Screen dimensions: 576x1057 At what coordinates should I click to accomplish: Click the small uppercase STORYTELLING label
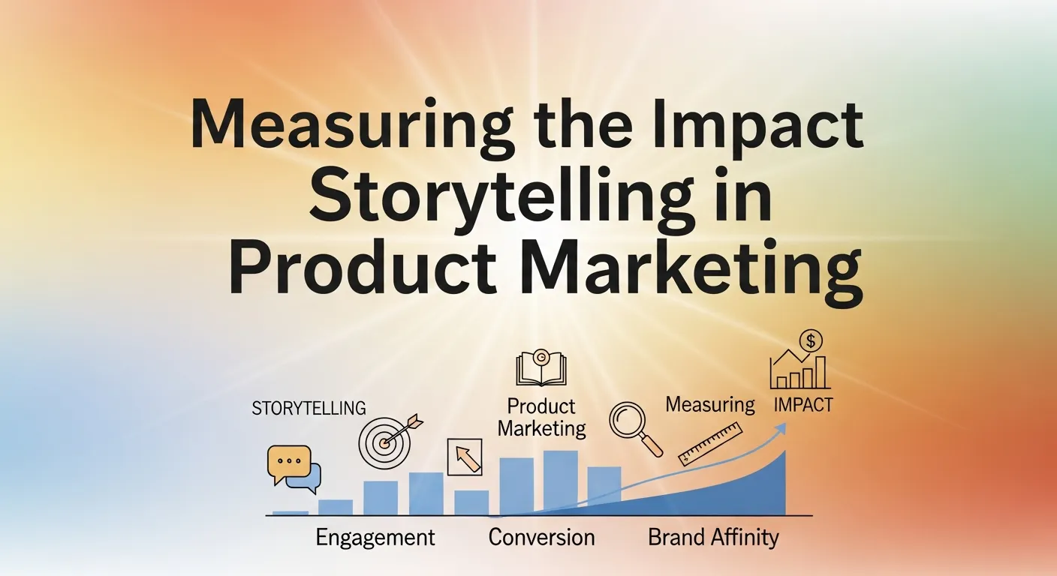pyautogui.click(x=309, y=409)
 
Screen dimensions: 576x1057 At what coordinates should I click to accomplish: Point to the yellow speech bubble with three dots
pyautogui.click(x=288, y=460)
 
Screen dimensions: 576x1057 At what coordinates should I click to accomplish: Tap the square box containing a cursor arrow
pyautogui.click(x=465, y=457)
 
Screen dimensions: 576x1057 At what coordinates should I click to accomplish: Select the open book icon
pyautogui.click(x=541, y=370)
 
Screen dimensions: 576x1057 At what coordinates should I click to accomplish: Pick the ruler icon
pyautogui.click(x=709, y=444)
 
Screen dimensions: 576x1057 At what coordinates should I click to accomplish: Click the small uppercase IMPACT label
pyautogui.click(x=803, y=405)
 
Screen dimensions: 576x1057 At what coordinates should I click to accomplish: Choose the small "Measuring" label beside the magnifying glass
pyautogui.click(x=710, y=405)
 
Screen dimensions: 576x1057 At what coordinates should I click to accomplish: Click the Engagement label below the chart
pyautogui.click(x=375, y=538)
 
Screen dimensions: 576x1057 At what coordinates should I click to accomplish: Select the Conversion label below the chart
pyautogui.click(x=541, y=538)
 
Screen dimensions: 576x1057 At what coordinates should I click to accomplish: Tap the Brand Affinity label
pyautogui.click(x=713, y=538)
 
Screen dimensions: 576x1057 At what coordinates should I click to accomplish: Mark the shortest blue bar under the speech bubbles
pyautogui.click(x=291, y=513)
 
